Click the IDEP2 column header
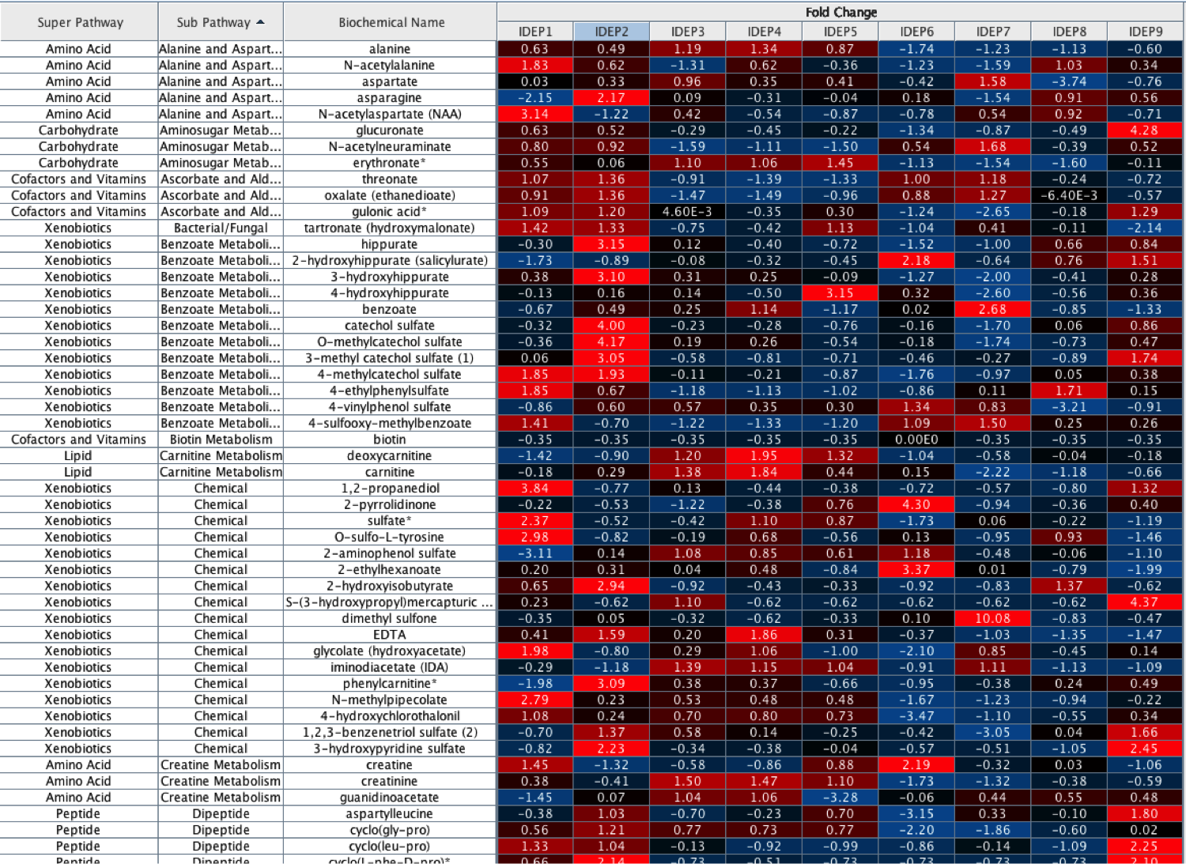click(x=611, y=32)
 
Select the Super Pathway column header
click(x=80, y=22)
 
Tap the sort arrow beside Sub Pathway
click(x=261, y=22)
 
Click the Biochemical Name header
click(x=391, y=22)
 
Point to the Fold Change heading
click(x=840, y=12)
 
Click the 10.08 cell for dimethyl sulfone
click(x=992, y=618)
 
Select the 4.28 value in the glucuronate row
click(x=1144, y=130)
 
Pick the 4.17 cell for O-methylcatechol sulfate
click(x=611, y=341)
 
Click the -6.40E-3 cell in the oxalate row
click(x=1069, y=195)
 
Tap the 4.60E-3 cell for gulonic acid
click(x=687, y=212)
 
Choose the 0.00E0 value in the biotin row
click(x=916, y=440)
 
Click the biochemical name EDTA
click(x=390, y=635)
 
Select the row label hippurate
click(x=390, y=244)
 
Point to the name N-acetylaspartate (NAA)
click(x=390, y=114)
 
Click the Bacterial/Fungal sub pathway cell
click(x=221, y=228)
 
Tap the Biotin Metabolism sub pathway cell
click(x=221, y=440)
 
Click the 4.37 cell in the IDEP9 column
click(x=1144, y=602)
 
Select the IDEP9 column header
click(x=1145, y=32)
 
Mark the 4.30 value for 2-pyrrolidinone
click(x=916, y=504)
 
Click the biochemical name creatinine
click(x=390, y=781)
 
